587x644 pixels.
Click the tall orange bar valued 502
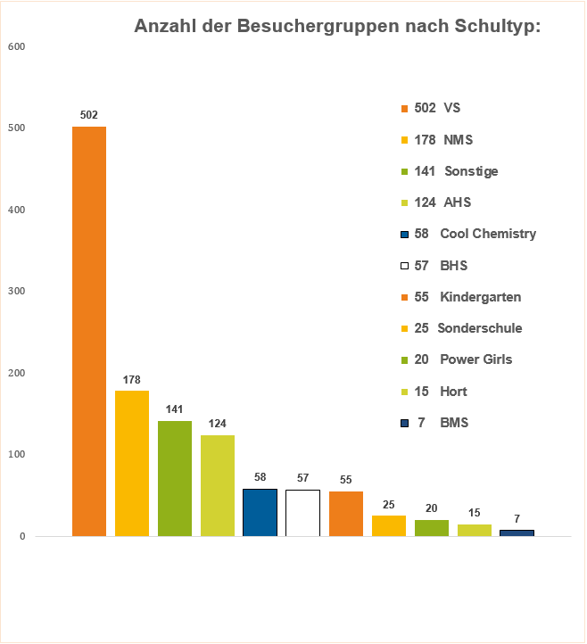click(89, 331)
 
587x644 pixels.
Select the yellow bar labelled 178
click(132, 463)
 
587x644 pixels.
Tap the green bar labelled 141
click(175, 478)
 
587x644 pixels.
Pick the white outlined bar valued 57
click(302, 513)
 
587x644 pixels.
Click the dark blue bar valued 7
click(517, 533)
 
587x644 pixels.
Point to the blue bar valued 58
click(260, 512)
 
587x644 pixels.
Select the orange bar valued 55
click(345, 514)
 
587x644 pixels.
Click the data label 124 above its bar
click(217, 422)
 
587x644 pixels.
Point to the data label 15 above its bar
click(474, 512)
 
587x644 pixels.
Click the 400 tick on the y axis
click(16, 210)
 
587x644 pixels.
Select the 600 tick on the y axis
click(16, 46)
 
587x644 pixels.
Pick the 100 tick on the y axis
click(16, 455)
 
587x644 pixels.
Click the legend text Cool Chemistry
click(488, 234)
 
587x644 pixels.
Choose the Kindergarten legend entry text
click(480, 297)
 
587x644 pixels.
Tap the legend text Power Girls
click(475, 359)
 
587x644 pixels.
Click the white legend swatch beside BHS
click(404, 266)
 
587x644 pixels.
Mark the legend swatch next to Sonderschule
click(404, 328)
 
